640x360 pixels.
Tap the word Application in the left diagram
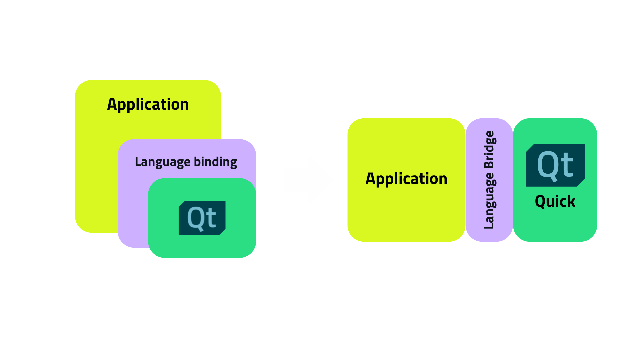coord(148,105)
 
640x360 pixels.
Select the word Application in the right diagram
coord(406,179)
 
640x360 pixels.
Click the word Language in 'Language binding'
coord(162,162)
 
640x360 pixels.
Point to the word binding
coord(215,162)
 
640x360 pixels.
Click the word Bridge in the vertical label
coord(489,150)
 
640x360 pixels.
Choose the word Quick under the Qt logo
coord(555,202)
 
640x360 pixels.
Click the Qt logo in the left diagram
coord(202,218)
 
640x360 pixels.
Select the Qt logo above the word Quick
coord(555,165)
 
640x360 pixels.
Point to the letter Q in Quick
coord(540,202)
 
